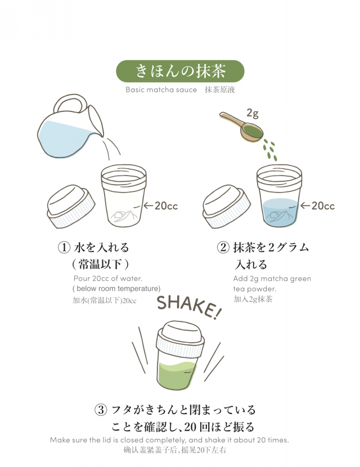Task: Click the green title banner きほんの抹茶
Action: (180, 71)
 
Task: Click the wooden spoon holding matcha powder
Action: (242, 127)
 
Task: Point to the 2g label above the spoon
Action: (252, 114)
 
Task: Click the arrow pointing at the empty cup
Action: (148, 205)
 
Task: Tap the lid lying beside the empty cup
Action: (71, 206)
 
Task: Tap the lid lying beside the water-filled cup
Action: (226, 206)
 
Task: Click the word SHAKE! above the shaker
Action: (189, 307)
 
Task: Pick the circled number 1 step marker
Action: (64, 248)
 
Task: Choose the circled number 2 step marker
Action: (223, 248)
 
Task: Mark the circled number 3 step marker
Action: (101, 410)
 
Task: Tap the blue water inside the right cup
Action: (280, 213)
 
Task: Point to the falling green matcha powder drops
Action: (270, 150)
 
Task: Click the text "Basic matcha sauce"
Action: (161, 89)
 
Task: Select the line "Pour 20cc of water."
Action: (108, 279)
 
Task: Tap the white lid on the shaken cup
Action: (180, 339)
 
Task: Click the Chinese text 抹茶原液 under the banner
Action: (220, 89)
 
